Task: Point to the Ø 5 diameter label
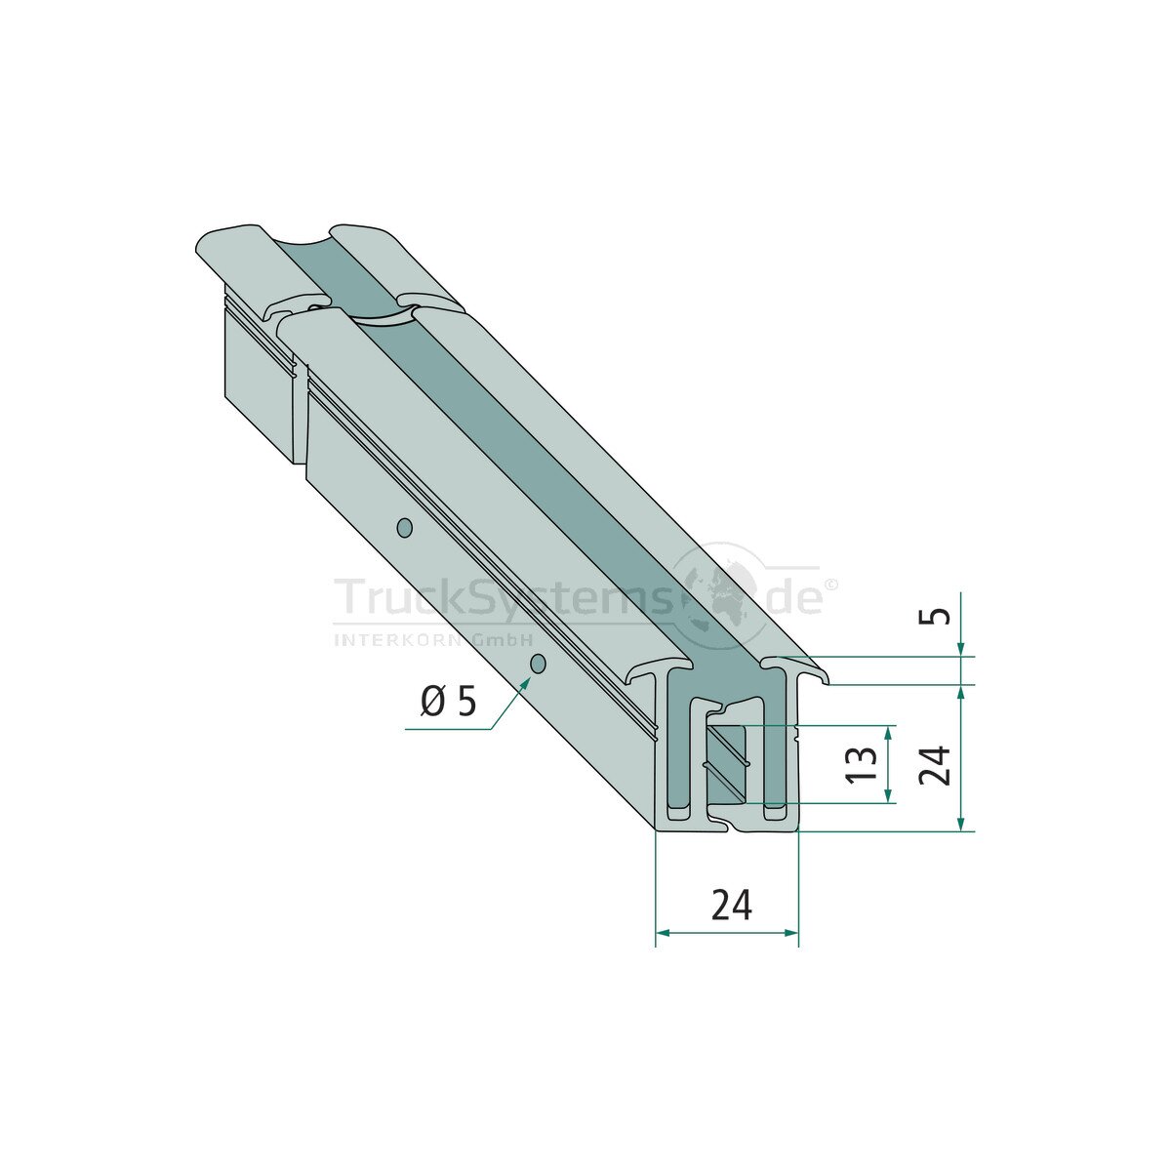449,703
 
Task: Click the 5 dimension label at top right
940,616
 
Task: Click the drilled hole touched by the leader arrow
537,665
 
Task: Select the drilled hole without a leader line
403,528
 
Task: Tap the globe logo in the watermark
723,595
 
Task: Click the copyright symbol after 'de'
832,585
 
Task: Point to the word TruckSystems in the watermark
504,598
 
